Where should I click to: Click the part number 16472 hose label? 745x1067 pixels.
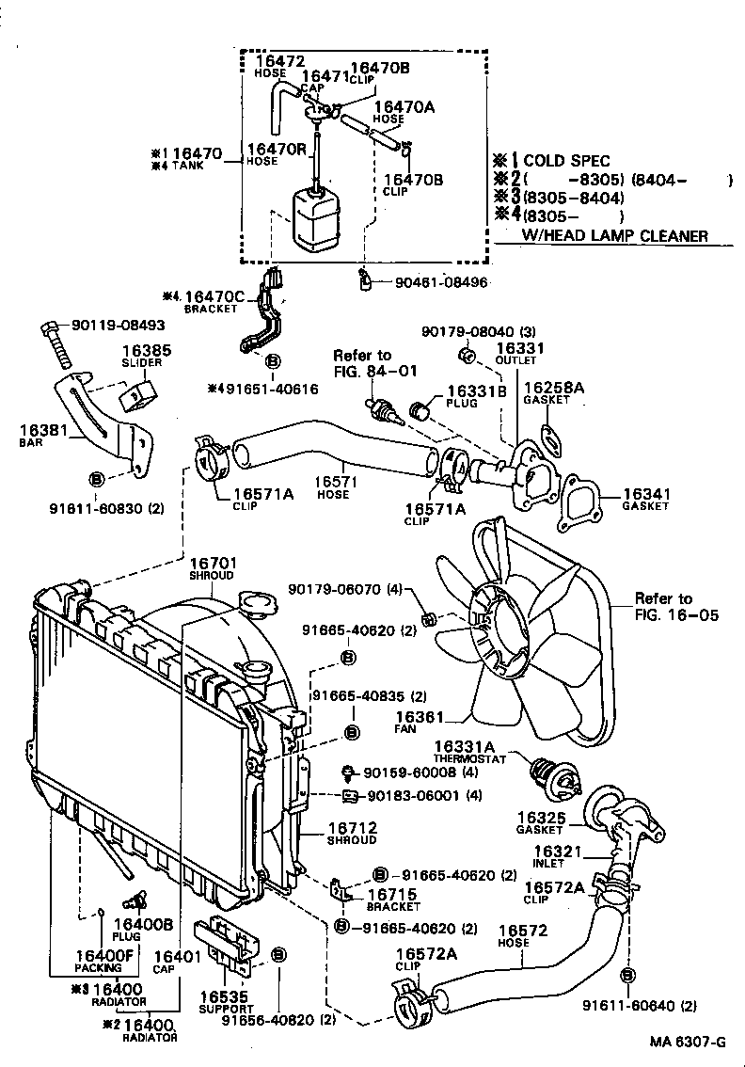(275, 66)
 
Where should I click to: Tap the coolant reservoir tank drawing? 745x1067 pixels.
(316, 219)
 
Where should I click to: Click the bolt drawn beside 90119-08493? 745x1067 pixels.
(58, 344)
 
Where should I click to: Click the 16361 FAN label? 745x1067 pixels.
(409, 721)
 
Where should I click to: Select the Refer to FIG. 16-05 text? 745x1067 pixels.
(674, 607)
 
